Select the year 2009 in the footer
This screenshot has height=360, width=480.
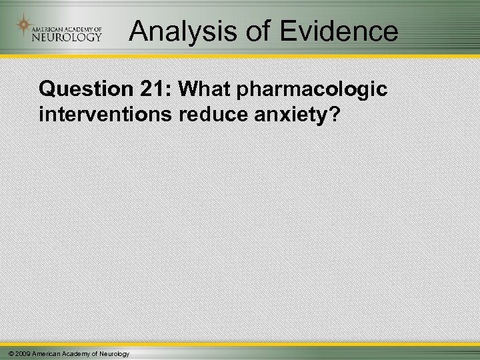22,353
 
